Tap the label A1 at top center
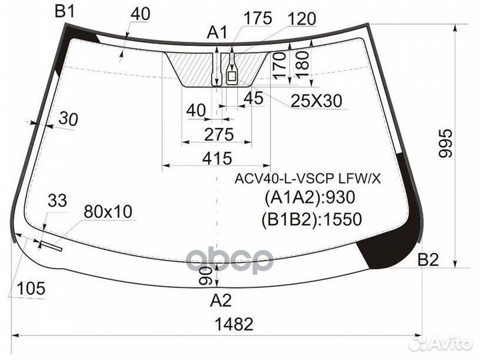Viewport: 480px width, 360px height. (x=217, y=31)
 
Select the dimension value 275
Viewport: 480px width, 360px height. (x=219, y=135)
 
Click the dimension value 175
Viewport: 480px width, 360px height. (x=257, y=18)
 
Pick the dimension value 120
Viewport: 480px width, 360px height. (x=301, y=18)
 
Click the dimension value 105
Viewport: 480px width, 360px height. (x=31, y=288)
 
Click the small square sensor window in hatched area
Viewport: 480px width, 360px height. (x=232, y=77)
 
